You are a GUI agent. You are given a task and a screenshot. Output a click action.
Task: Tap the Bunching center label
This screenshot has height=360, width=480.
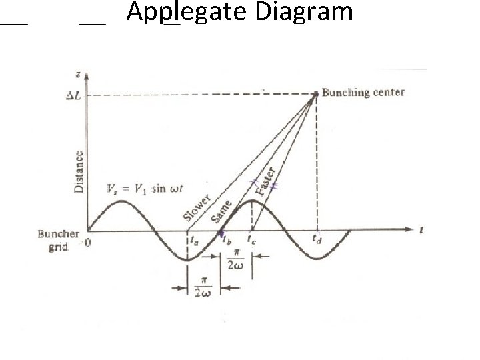click(363, 92)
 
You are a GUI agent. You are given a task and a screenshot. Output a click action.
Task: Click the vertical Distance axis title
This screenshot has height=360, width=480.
click(79, 171)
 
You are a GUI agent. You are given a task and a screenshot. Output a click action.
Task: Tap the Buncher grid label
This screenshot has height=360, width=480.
click(59, 240)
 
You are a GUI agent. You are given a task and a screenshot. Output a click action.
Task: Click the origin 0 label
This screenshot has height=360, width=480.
click(87, 243)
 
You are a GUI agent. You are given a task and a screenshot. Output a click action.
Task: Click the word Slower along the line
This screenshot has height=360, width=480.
click(198, 207)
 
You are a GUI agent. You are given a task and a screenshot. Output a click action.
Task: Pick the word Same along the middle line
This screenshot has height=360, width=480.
click(222, 210)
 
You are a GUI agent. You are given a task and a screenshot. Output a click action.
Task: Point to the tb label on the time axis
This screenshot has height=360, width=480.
click(226, 243)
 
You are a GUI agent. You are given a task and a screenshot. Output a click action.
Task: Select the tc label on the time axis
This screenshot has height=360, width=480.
click(252, 239)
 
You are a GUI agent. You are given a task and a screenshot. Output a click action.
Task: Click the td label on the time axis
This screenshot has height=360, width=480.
click(319, 237)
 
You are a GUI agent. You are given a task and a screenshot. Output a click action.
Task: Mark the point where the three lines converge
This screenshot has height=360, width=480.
click(315, 93)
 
